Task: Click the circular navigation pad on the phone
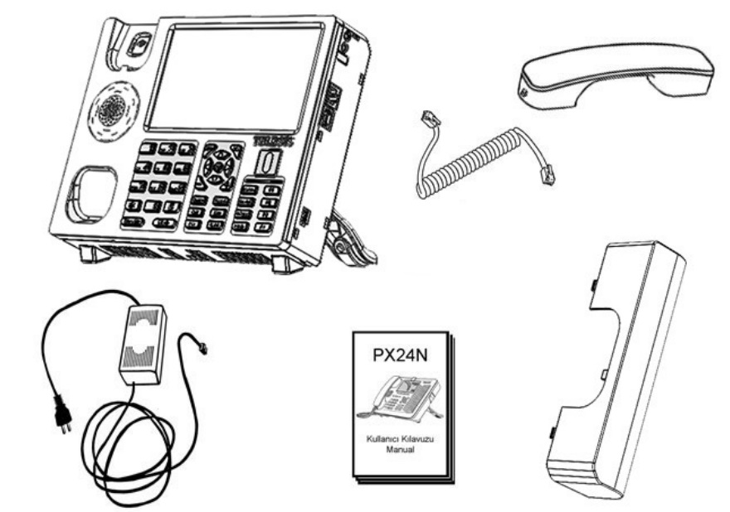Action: click(x=218, y=165)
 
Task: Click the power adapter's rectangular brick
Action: click(x=143, y=343)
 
